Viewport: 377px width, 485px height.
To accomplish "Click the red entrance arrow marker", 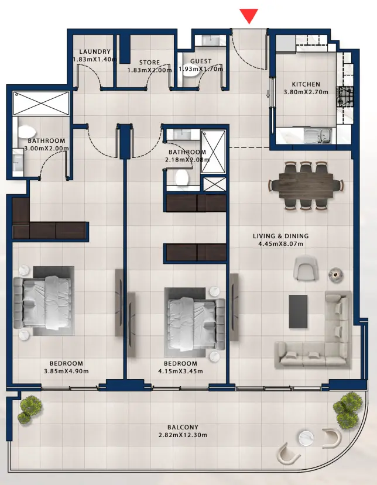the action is coord(249,15).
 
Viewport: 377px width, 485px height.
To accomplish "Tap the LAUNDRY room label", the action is coord(95,51).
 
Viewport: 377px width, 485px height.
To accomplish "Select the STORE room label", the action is coord(149,63).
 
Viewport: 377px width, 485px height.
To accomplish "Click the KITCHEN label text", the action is coord(306,84).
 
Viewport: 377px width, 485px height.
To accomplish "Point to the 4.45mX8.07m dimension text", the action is coord(281,244).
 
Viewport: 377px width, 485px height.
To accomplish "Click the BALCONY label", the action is coord(183,427).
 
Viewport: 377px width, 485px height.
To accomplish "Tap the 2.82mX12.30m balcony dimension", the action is coord(183,435).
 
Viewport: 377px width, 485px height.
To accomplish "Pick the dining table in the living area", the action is coord(306,185).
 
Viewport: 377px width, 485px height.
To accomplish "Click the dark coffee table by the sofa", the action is coord(299,311).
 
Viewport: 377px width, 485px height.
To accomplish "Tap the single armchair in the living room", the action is coord(306,267).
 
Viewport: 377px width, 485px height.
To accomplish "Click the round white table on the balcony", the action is coord(306,438).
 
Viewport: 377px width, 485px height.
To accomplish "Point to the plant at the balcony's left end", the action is coord(30,410).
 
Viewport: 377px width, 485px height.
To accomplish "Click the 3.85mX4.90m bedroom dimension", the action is coord(66,371).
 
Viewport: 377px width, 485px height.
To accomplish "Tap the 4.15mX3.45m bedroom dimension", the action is coord(180,371).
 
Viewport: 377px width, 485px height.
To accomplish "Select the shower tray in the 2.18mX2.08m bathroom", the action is coord(213,152).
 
